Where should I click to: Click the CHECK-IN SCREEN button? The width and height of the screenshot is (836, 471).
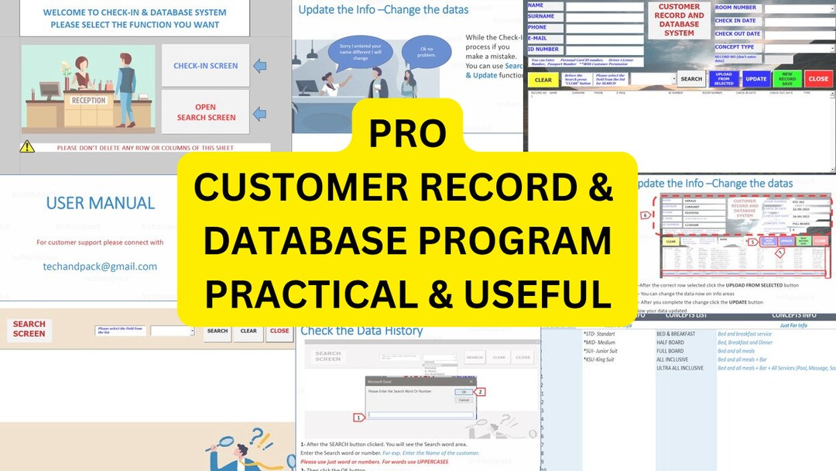[x=205, y=66]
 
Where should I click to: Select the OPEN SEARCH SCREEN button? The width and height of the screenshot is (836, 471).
[x=205, y=112]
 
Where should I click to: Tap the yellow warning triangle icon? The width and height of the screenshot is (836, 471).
[x=27, y=146]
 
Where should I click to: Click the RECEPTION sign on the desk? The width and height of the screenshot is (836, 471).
[x=89, y=101]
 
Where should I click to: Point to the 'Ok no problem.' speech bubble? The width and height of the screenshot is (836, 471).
[x=426, y=51]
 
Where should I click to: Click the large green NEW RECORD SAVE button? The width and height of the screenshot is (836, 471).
[x=786, y=79]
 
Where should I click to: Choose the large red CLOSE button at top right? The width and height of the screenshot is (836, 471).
[x=818, y=79]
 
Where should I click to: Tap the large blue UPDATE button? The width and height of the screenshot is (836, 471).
[x=755, y=79]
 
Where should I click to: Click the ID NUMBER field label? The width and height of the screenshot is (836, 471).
[x=544, y=50]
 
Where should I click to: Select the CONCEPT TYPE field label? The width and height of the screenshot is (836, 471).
[x=735, y=47]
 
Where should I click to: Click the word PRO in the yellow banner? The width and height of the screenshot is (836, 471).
[x=407, y=132]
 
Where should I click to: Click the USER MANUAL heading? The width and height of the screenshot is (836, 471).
[x=101, y=203]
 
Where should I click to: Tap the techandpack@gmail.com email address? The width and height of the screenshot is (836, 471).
[x=100, y=266]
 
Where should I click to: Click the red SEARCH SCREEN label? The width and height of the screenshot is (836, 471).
[x=29, y=329]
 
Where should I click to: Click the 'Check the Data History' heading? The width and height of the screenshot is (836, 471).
[x=361, y=331]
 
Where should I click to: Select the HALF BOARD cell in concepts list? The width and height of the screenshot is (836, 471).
[x=670, y=342]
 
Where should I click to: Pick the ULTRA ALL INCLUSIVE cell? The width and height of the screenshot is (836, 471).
[x=680, y=368]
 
